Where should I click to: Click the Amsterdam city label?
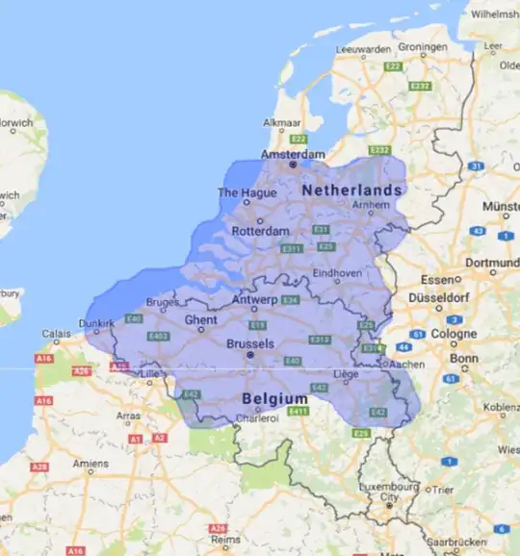(x=294, y=154)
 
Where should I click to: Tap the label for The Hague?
(x=247, y=192)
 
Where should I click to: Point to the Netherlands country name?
(x=351, y=191)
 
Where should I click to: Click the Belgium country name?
(x=275, y=398)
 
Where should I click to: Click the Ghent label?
(x=200, y=319)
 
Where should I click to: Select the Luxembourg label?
(x=390, y=488)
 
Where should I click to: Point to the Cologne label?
(x=455, y=334)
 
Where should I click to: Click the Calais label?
(x=55, y=334)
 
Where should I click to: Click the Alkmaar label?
(x=283, y=123)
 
